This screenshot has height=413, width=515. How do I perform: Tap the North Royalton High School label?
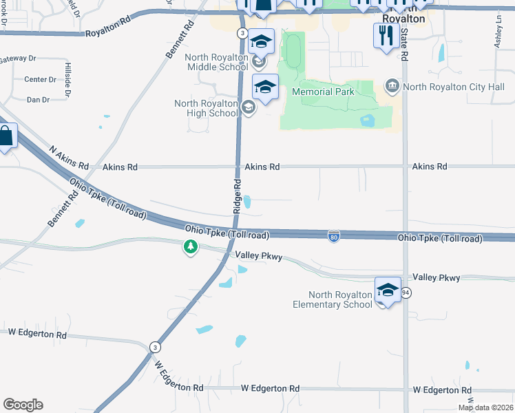[x=205, y=108]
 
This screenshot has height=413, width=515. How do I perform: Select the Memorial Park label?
[x=323, y=92]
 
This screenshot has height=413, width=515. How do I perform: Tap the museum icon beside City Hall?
[x=392, y=86]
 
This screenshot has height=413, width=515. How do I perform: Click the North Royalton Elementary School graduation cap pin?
[x=388, y=290]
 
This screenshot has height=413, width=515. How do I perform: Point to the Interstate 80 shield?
[x=334, y=236]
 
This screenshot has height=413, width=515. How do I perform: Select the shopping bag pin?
[x=5, y=136]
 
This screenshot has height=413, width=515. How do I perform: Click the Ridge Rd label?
[x=237, y=195]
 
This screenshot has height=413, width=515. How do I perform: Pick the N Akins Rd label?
[x=70, y=158]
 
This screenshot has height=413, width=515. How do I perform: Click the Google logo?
[x=23, y=405]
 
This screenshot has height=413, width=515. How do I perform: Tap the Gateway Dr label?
[x=15, y=60]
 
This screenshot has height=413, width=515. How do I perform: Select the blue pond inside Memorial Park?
[x=368, y=121]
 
